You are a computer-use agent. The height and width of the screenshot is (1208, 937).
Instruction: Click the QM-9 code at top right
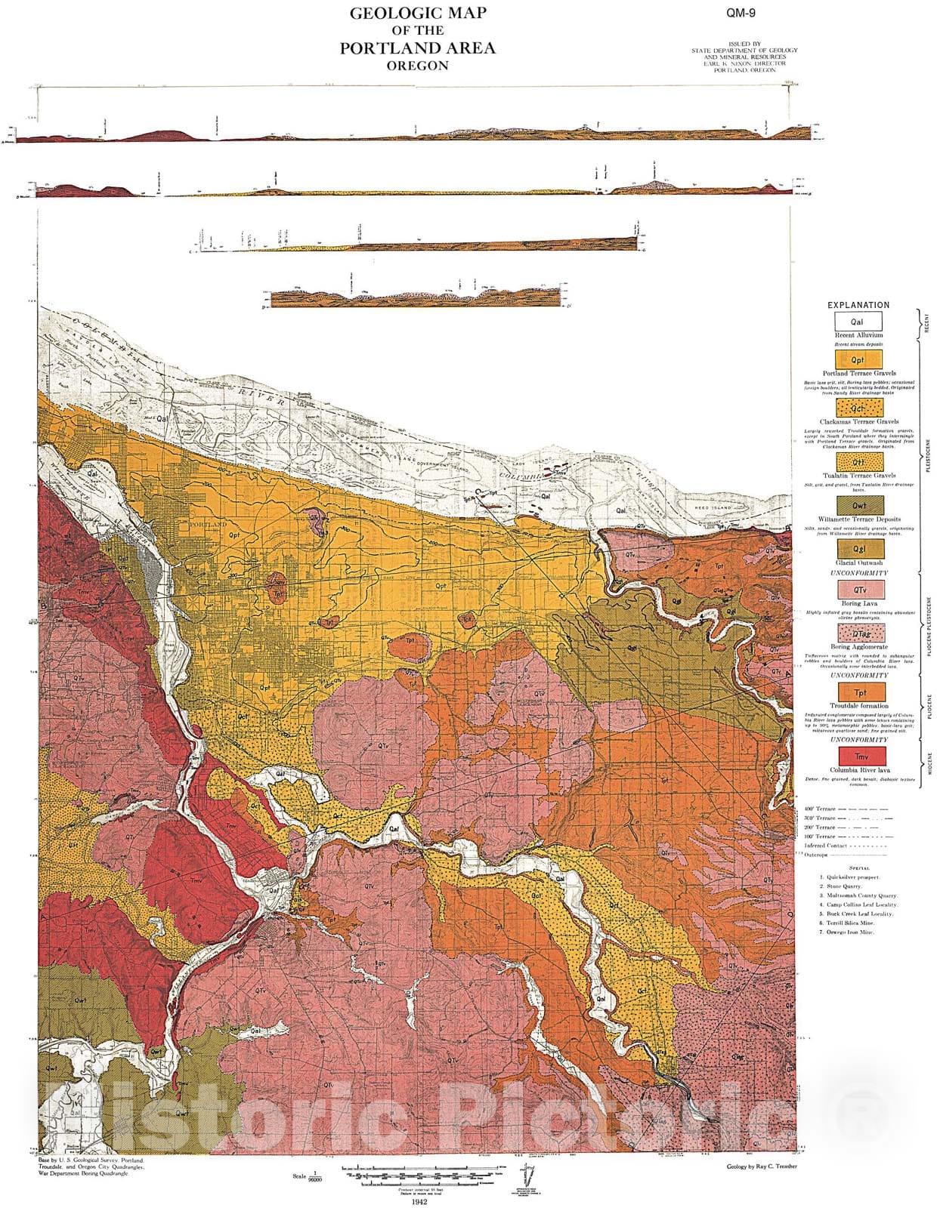[741, 13]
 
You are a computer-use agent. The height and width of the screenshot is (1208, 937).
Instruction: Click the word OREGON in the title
[417, 66]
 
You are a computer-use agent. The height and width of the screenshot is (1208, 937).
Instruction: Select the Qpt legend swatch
[858, 359]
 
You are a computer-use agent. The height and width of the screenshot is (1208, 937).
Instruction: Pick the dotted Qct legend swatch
[858, 408]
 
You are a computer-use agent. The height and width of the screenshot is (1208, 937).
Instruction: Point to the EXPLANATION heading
[858, 305]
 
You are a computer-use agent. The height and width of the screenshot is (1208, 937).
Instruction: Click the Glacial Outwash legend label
[859, 562]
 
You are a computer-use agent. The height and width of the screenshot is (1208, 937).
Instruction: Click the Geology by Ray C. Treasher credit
[761, 1166]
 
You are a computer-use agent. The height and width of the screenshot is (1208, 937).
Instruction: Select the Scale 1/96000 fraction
[315, 1176]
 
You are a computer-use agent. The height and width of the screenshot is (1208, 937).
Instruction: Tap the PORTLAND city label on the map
[208, 524]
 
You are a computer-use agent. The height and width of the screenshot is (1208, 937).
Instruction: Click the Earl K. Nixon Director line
[744, 63]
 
